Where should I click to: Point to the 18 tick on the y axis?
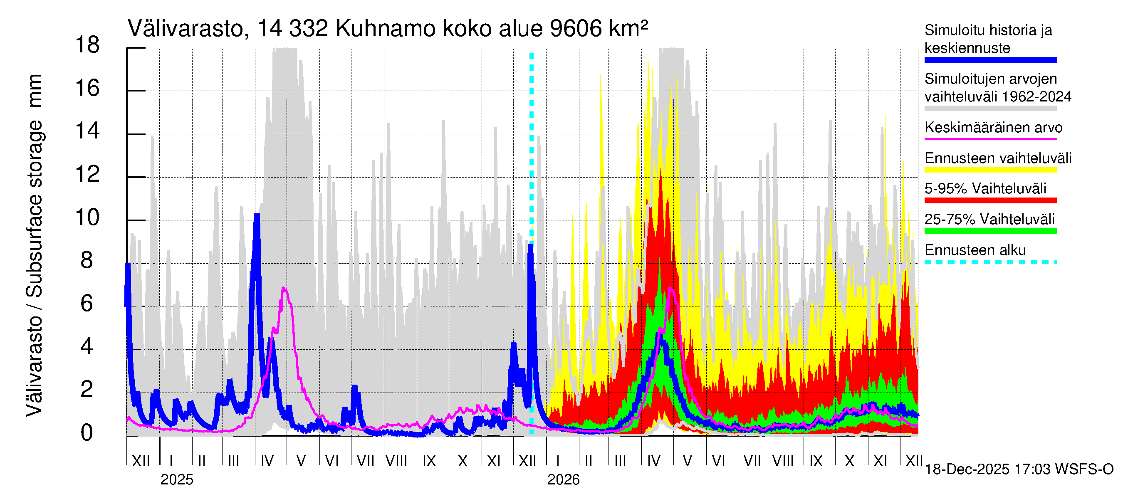click(87, 45)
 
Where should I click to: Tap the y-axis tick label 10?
click(87, 217)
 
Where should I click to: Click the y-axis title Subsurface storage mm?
click(34, 245)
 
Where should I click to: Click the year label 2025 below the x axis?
click(176, 480)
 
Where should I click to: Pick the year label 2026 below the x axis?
click(563, 480)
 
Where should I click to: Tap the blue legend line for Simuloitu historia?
click(990, 60)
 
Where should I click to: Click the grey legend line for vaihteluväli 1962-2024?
click(990, 109)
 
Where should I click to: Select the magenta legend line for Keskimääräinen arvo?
click(990, 139)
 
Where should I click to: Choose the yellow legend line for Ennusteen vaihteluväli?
click(990, 170)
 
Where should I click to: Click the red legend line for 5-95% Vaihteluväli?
click(990, 200)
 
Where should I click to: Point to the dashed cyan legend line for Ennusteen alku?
click(990, 262)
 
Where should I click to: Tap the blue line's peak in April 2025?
click(257, 215)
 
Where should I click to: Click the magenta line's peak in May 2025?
click(284, 288)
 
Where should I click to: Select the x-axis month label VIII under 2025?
click(396, 461)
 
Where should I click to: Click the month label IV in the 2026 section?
click(653, 461)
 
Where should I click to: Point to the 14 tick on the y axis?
click(87, 131)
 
